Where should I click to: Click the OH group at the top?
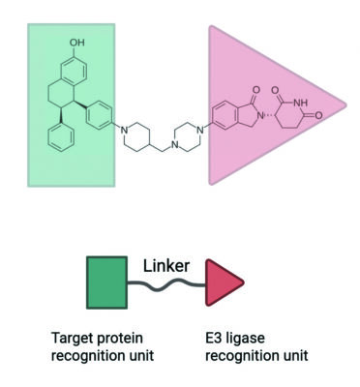(77, 43)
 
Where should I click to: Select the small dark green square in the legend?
(106, 283)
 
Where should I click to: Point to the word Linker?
(166, 266)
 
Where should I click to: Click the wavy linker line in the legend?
(166, 284)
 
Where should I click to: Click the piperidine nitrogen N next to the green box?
(123, 131)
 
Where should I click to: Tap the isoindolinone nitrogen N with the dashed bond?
(261, 115)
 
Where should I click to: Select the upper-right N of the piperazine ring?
(200, 131)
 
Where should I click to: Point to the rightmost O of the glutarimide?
(318, 115)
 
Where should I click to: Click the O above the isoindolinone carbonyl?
(256, 89)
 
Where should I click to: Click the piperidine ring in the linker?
(136, 136)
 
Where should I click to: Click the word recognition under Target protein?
(83, 356)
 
